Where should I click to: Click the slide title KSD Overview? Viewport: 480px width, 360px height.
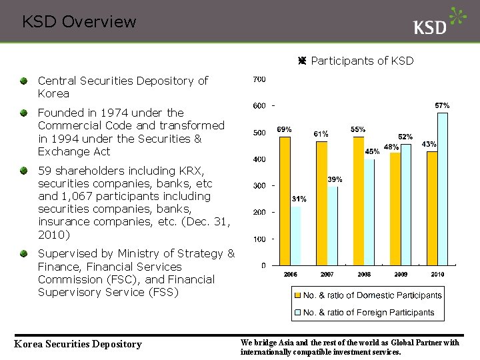point(79,22)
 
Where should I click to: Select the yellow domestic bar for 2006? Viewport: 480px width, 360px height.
point(285,200)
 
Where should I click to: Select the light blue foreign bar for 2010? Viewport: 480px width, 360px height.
point(443,189)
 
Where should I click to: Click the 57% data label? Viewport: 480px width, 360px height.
point(442,105)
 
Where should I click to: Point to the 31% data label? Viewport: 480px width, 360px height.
point(299,199)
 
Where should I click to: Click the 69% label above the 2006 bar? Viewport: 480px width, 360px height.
point(284,129)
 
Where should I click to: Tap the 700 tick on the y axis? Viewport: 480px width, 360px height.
point(259,79)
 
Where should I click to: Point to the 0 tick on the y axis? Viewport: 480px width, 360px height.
point(263,265)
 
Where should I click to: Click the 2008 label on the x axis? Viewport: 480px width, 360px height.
point(364,275)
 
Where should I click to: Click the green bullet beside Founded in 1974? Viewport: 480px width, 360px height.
point(24,113)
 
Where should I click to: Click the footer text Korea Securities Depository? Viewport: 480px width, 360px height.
point(78,344)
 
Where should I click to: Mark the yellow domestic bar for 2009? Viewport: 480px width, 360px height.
point(395,208)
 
